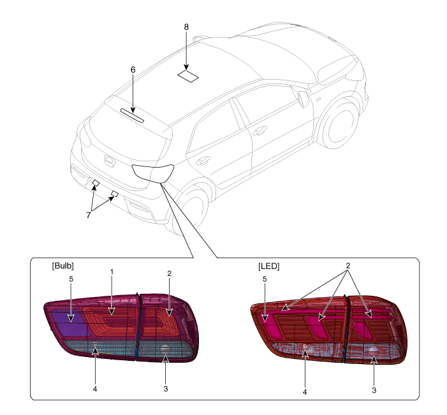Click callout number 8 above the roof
point(186,27)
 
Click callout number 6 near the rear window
point(133,70)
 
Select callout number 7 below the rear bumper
point(89,215)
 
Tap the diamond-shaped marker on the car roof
point(188,76)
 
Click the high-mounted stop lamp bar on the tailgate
point(132,115)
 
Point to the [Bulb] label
point(62,266)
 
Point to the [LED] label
point(269,266)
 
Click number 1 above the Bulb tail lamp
point(112,272)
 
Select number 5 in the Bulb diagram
point(71,279)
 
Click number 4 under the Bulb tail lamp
point(95,389)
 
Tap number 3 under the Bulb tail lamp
point(166,389)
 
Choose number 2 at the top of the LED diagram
point(348,266)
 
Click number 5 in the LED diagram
point(265,279)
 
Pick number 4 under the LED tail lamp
point(305,392)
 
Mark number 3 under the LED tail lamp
point(374,390)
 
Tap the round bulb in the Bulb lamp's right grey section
point(165,349)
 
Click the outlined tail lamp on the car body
point(153,173)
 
